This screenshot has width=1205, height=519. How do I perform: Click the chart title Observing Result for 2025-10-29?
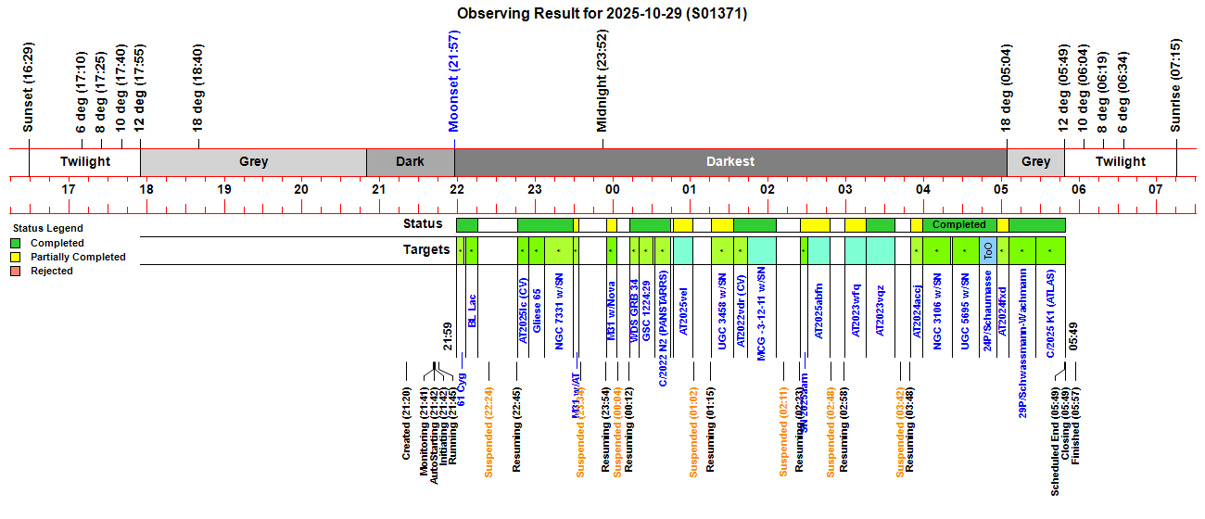pyautogui.click(x=602, y=14)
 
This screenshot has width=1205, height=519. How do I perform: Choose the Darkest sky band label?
pyautogui.click(x=730, y=161)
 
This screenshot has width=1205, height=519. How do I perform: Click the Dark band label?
pyautogui.click(x=410, y=161)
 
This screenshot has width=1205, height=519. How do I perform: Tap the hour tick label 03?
pyautogui.click(x=844, y=189)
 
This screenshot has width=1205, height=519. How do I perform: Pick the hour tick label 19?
pyautogui.click(x=223, y=189)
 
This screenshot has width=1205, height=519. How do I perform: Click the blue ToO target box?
pyautogui.click(x=988, y=250)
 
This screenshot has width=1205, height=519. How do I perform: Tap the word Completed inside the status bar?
pyautogui.click(x=958, y=224)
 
